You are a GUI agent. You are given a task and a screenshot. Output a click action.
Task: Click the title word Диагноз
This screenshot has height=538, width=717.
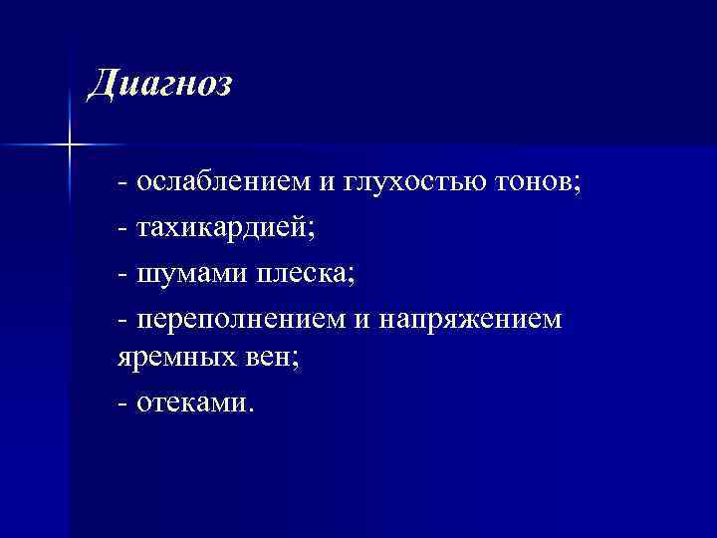coord(159,84)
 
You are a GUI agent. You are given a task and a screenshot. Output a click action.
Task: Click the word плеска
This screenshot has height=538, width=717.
coord(300,274)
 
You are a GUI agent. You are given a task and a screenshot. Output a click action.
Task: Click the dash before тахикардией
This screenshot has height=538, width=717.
coord(121,230)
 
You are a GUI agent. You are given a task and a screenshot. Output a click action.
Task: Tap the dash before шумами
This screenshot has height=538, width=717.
coord(121,275)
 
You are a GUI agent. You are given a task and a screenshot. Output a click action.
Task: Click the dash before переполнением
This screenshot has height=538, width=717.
coord(121,321)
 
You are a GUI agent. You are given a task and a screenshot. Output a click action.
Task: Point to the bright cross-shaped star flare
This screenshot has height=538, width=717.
coord(71,145)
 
